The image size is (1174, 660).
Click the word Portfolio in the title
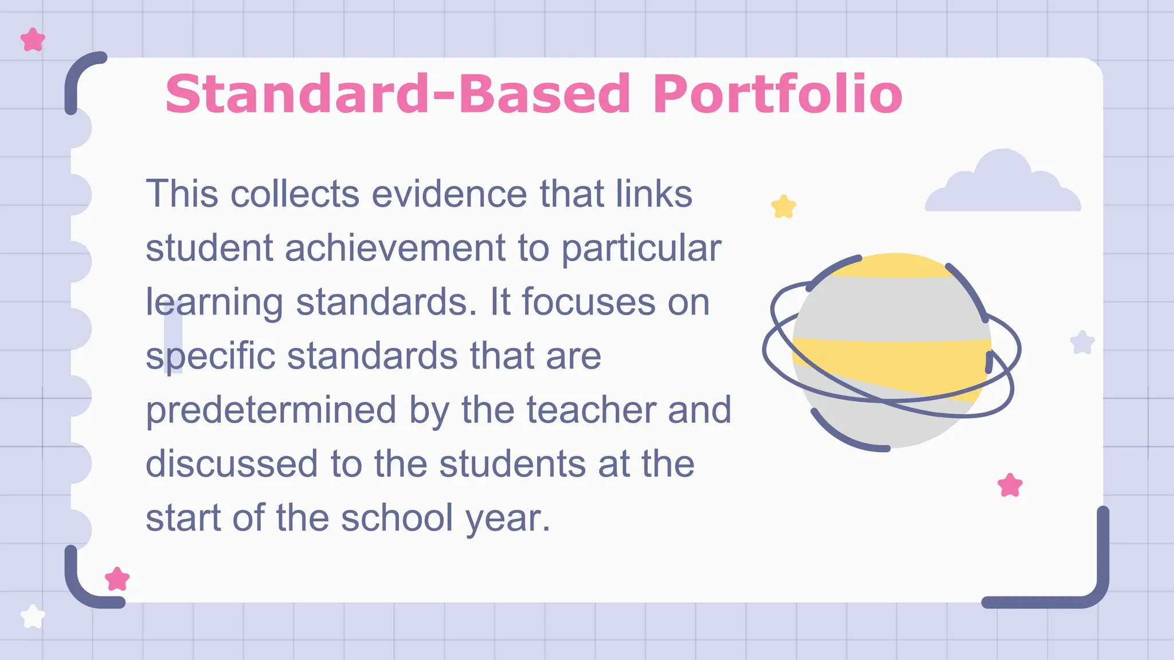777,94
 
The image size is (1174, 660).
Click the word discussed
232,463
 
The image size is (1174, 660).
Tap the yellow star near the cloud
784,207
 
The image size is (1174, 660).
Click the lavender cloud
1003,184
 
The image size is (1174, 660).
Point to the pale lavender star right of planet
1082,343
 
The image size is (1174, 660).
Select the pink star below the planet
1010,485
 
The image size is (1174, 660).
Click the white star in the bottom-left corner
33,616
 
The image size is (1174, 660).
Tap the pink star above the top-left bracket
33,40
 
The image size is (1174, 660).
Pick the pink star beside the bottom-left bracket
118,579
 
